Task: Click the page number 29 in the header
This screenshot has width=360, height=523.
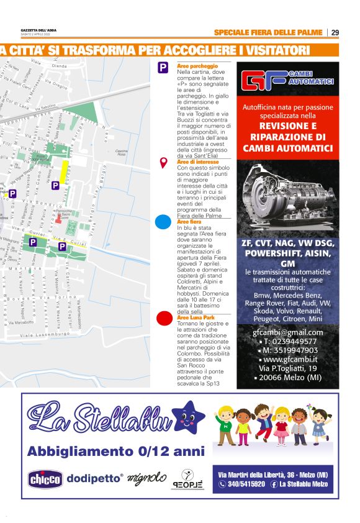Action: click(335, 32)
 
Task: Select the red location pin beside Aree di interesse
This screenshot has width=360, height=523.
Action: click(163, 163)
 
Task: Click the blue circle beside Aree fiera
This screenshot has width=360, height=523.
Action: click(163, 222)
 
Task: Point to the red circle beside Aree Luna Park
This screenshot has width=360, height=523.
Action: click(163, 319)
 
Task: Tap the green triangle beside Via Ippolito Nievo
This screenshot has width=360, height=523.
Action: click(89, 112)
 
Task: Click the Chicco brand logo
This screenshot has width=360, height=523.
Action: click(45, 479)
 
